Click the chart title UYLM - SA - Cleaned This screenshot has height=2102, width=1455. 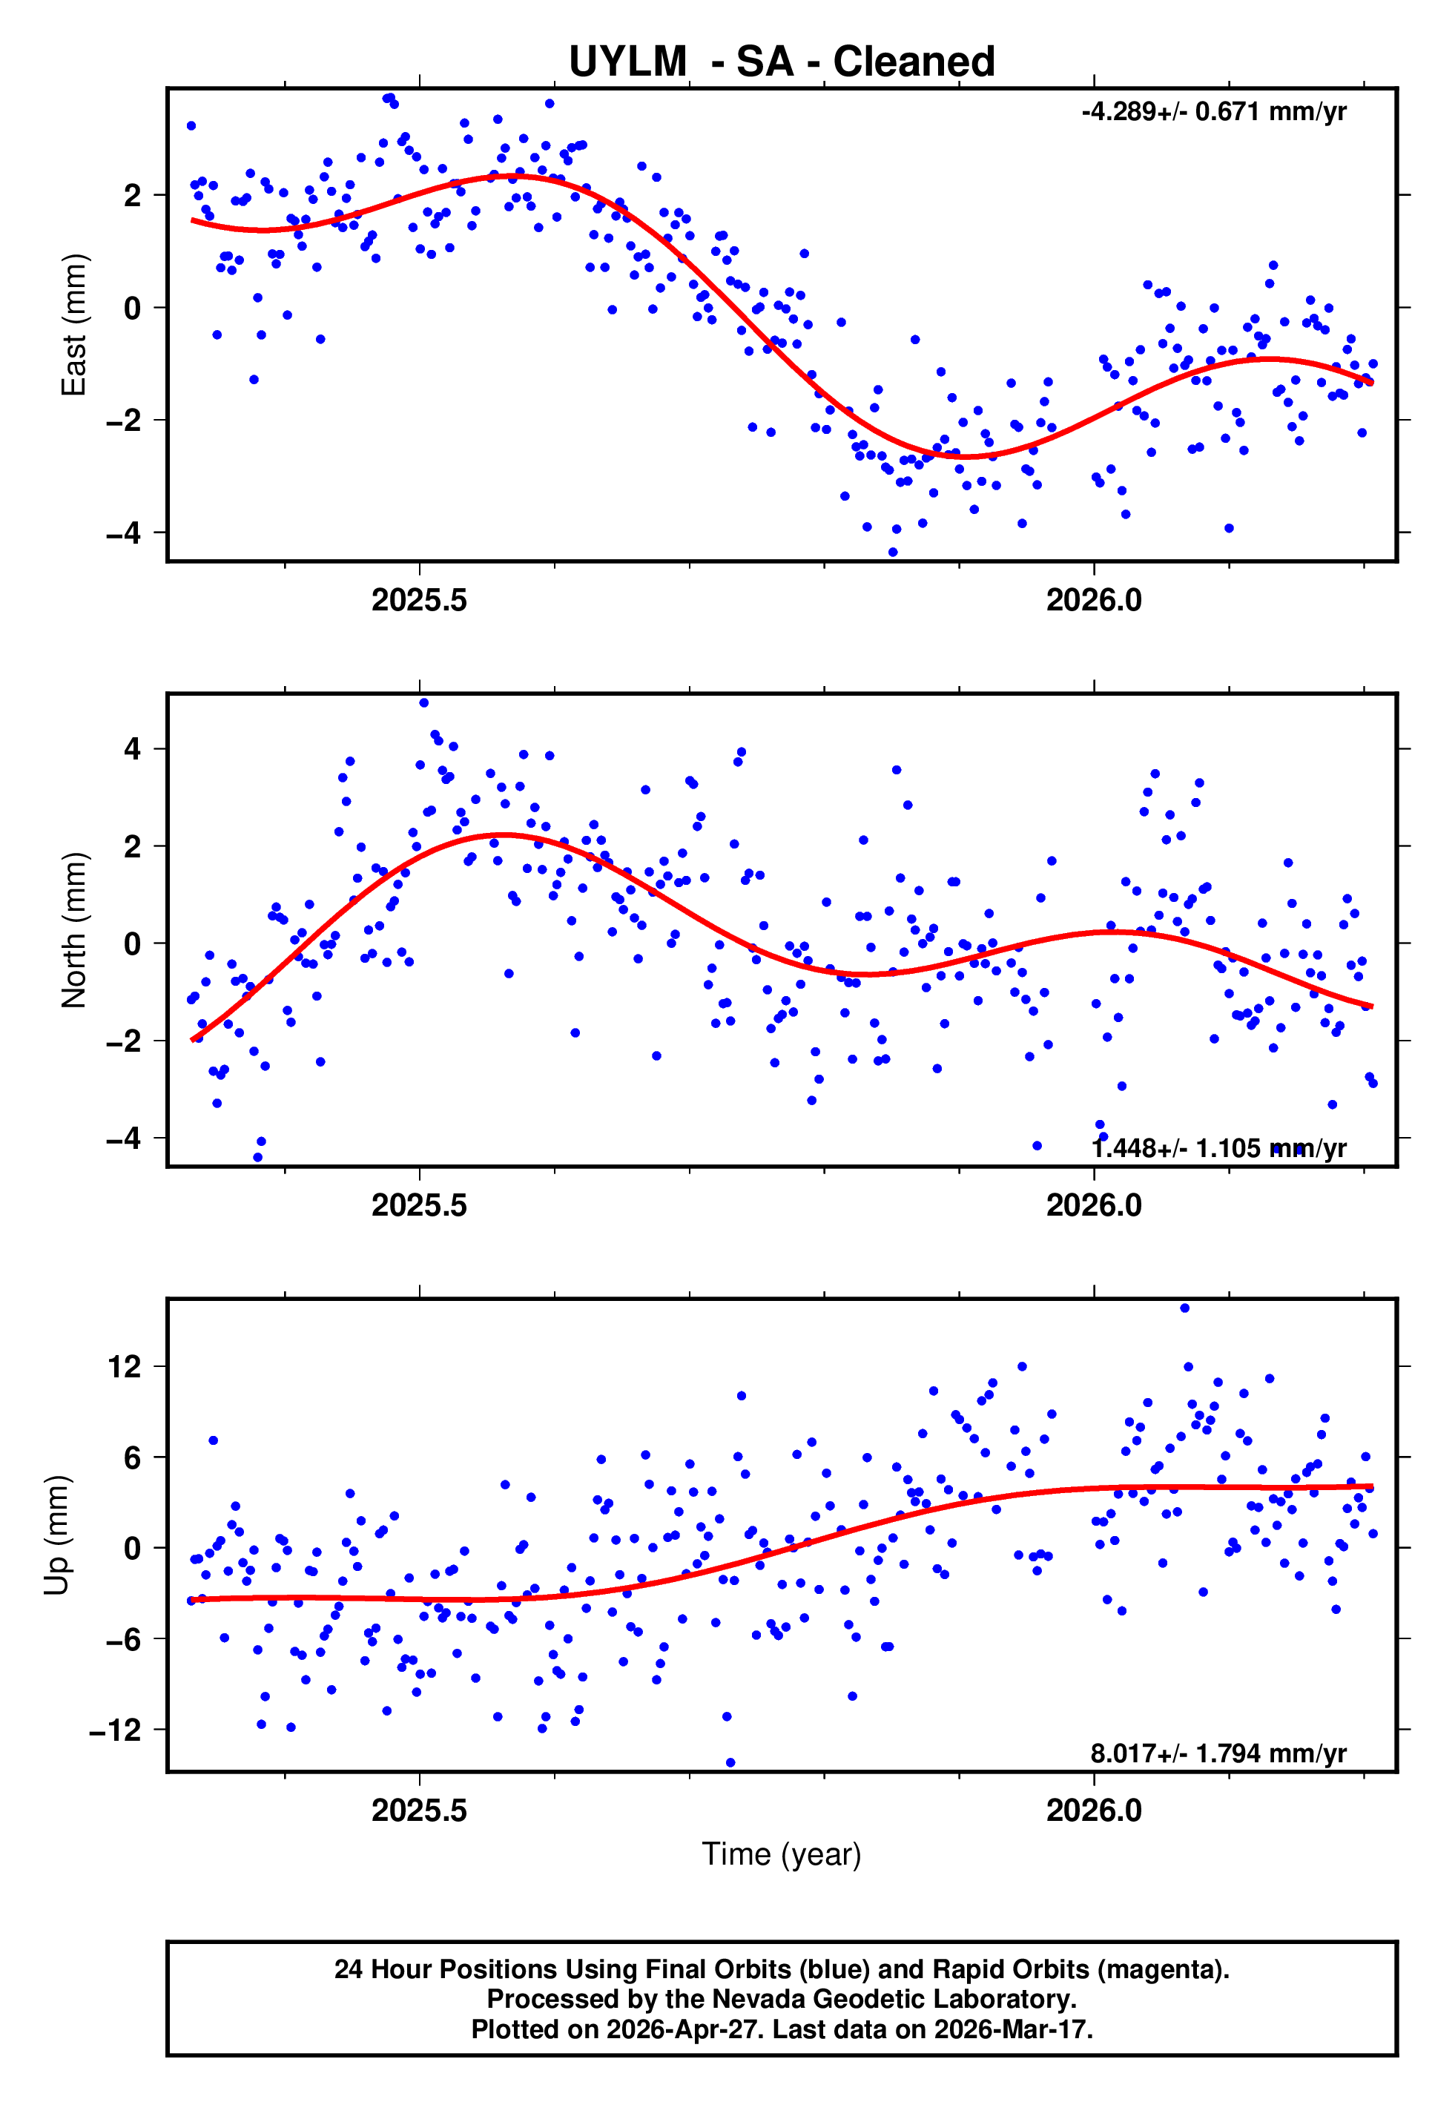pyautogui.click(x=782, y=62)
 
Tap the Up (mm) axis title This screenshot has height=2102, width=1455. pyautogui.click(x=56, y=1535)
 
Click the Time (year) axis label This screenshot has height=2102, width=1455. pyautogui.click(x=782, y=1855)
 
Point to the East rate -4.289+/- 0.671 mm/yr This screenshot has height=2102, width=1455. pyautogui.click(x=1213, y=112)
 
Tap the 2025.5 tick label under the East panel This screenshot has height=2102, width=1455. pyautogui.click(x=419, y=601)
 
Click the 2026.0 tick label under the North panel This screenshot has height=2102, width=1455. pyautogui.click(x=1094, y=1206)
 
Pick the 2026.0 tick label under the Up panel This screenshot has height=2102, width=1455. pyautogui.click(x=1094, y=1811)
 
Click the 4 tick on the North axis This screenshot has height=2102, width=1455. pyautogui.click(x=133, y=749)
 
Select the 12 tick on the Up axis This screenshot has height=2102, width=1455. pyautogui.click(x=125, y=1367)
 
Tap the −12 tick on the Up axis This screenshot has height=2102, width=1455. pyautogui.click(x=115, y=1730)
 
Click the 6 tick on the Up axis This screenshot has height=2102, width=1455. pyautogui.click(x=133, y=1458)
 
